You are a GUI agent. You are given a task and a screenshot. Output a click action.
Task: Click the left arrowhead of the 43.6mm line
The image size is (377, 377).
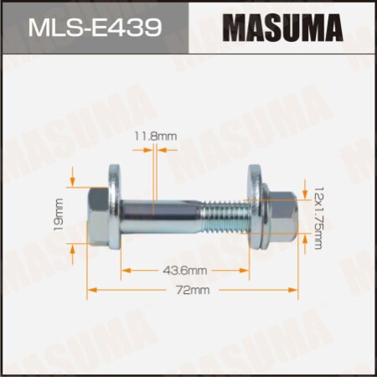pyautogui.click(x=126, y=271)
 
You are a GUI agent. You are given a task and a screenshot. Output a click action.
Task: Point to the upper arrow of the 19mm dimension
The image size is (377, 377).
pyautogui.click(x=75, y=179)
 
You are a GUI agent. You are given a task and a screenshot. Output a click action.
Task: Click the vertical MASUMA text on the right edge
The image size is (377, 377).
pyautogui.click(x=361, y=168)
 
